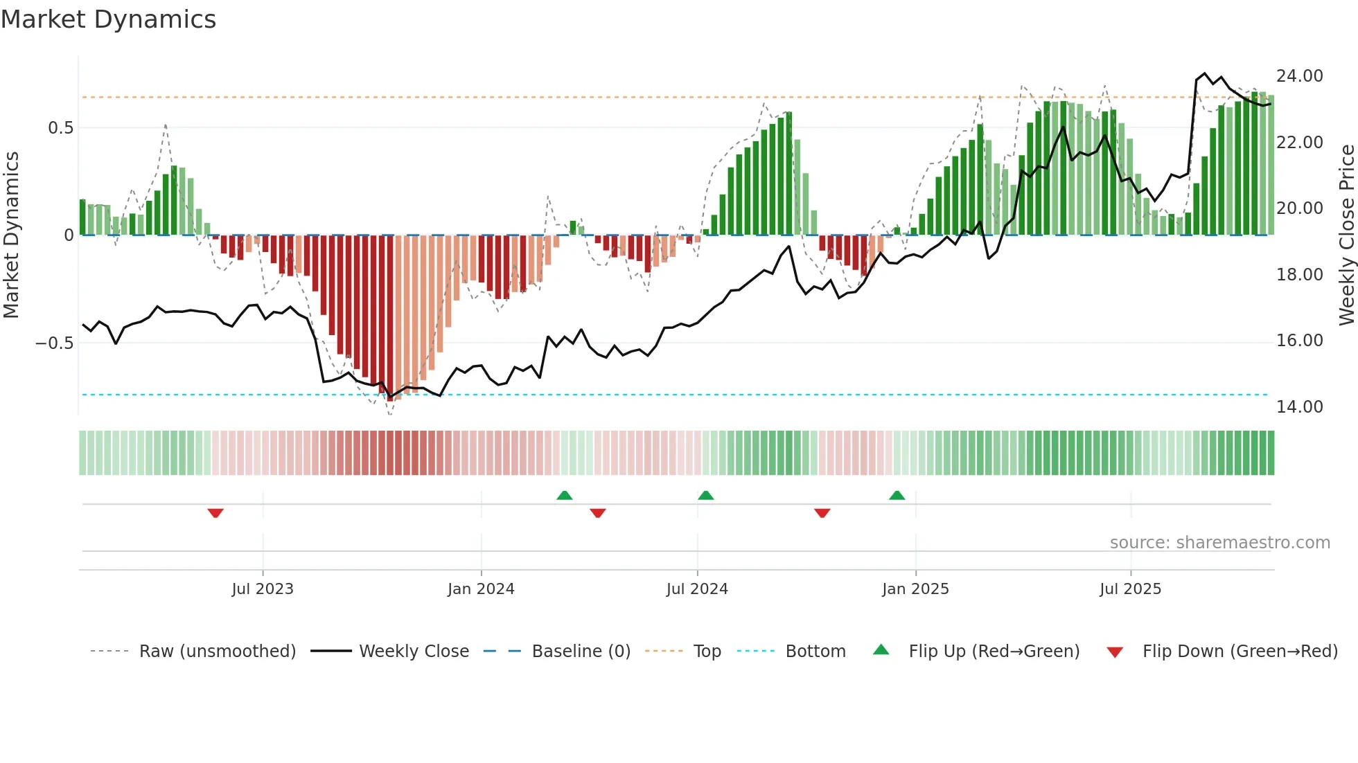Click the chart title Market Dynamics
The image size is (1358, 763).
108,19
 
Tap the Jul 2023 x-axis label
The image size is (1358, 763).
263,589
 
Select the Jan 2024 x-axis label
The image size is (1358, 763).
481,589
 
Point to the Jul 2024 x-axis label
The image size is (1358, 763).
697,589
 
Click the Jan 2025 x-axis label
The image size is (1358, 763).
915,589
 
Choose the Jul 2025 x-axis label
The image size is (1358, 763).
1130,589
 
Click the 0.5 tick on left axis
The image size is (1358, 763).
61,128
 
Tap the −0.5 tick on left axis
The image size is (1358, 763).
55,343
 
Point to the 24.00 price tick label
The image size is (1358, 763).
1300,76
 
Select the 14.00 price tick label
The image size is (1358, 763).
1300,407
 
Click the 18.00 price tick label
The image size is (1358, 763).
1300,275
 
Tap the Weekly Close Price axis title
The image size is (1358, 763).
1346,235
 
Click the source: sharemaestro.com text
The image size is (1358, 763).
1219,543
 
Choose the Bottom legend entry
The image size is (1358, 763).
815,652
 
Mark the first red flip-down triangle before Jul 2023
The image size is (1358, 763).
215,513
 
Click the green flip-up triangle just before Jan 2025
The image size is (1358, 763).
897,496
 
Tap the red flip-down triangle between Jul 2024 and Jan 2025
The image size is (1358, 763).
822,513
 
